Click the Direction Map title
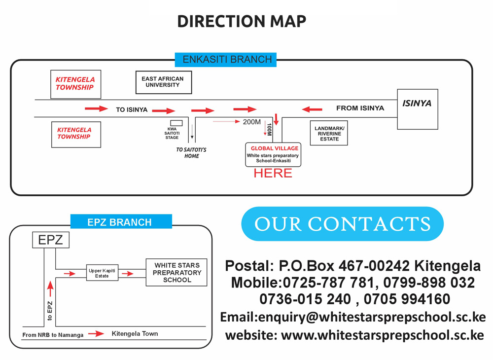(242, 22)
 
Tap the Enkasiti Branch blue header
(227, 59)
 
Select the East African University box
(163, 82)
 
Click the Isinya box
(417, 109)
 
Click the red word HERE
(273, 173)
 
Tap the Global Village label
(274, 148)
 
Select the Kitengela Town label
(135, 334)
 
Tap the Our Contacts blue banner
(342, 224)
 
